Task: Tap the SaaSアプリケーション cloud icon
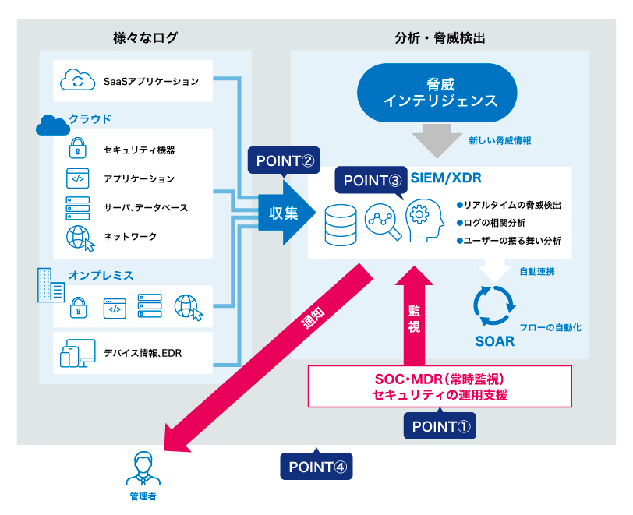(76, 80)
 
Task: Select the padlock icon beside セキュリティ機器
(78, 148)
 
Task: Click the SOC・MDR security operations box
(440, 386)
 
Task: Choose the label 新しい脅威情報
(500, 141)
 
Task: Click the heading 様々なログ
(145, 37)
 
